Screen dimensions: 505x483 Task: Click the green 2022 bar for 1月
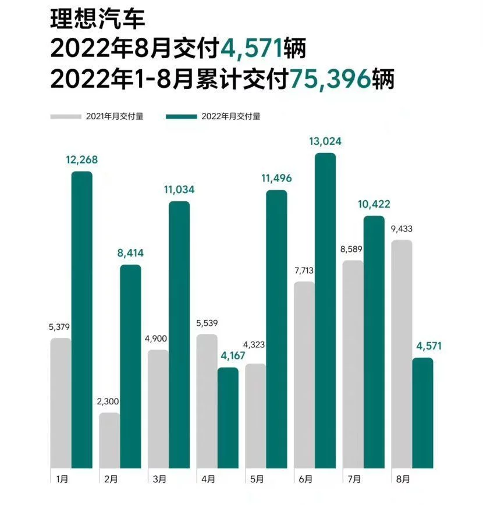(x=81, y=320)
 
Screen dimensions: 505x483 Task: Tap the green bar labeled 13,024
(x=325, y=311)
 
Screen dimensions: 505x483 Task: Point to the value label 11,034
(x=179, y=190)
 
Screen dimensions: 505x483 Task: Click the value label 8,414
(x=130, y=253)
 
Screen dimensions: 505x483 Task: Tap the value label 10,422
(x=374, y=204)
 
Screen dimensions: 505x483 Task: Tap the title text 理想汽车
(x=97, y=20)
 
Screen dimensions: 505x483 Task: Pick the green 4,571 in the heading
(x=252, y=49)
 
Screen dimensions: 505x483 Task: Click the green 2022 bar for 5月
(x=276, y=329)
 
